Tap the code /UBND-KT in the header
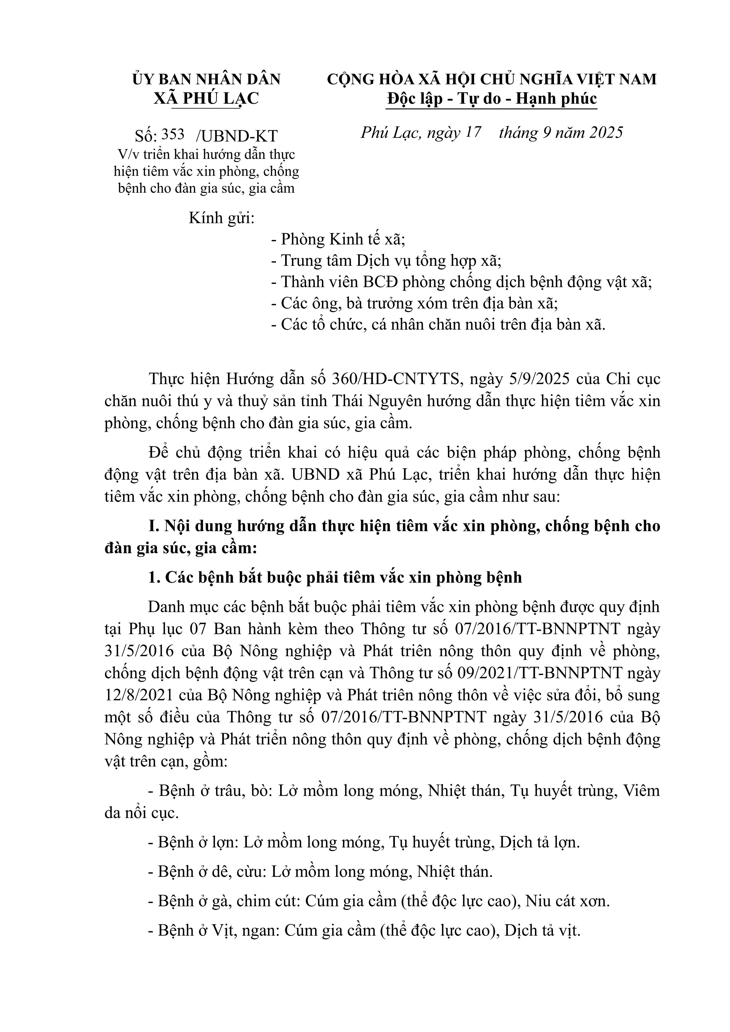[x=237, y=136]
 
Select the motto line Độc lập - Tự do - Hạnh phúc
[x=492, y=99]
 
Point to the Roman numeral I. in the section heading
[x=154, y=526]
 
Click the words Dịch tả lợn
[x=539, y=842]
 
